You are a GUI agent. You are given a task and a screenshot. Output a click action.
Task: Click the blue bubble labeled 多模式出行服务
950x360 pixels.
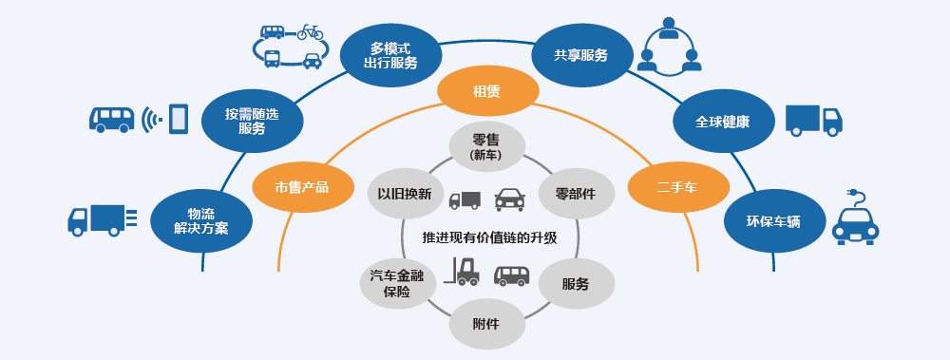[390, 54]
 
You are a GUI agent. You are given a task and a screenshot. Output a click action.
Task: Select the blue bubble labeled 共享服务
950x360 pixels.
[580, 54]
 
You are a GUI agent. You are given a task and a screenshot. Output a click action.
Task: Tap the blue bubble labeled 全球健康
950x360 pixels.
[722, 122]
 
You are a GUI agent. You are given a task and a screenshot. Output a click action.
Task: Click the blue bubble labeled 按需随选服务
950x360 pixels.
[252, 121]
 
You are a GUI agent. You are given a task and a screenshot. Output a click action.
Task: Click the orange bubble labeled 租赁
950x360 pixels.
[486, 91]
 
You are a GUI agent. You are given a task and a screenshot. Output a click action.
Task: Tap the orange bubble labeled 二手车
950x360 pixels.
[677, 186]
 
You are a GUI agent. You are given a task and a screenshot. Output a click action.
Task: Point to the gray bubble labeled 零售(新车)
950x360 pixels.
[486, 145]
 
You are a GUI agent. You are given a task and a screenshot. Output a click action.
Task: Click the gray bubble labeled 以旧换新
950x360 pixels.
[405, 194]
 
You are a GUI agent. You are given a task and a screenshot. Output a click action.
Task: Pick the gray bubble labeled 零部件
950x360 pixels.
[576, 194]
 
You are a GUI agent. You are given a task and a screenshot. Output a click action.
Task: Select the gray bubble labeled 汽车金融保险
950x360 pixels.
[398, 283]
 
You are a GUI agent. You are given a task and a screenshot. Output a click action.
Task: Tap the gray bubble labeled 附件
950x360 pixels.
[485, 324]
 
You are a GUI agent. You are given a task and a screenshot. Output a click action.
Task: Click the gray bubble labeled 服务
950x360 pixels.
[575, 284]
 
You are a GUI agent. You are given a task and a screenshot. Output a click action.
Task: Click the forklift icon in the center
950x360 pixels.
[465, 273]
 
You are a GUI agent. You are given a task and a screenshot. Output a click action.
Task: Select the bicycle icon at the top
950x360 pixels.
[311, 32]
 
